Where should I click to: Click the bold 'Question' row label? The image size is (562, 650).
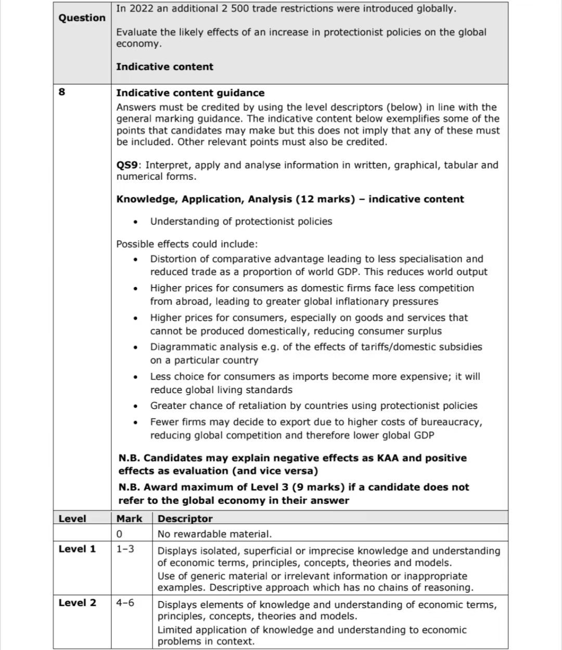click(x=82, y=18)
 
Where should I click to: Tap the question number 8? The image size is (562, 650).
click(x=62, y=92)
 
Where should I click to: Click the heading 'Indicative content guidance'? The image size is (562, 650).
click(x=190, y=93)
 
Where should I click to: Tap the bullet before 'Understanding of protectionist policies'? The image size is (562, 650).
click(x=136, y=222)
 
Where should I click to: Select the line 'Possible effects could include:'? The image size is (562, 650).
click(x=187, y=244)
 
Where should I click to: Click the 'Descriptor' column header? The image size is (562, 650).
click(x=185, y=518)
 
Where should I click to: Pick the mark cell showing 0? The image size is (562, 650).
click(x=120, y=534)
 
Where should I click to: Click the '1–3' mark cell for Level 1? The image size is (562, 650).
click(x=125, y=549)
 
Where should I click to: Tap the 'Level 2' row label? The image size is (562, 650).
click(x=77, y=603)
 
